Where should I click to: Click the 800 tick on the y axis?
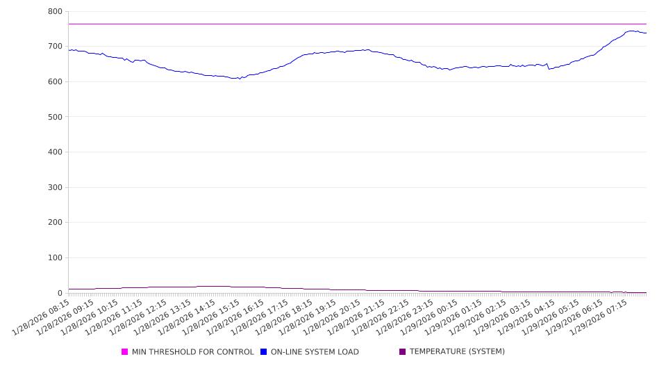pyautogui.click(x=55, y=12)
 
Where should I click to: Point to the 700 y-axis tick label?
pyautogui.click(x=55, y=47)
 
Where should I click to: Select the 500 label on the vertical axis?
pyautogui.click(x=55, y=117)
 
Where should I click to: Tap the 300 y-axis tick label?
pyautogui.click(x=55, y=187)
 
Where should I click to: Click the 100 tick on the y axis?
pyautogui.click(x=55, y=258)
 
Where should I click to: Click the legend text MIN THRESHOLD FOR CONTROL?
pyautogui.click(x=192, y=352)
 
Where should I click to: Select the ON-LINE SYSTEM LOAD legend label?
pyautogui.click(x=315, y=352)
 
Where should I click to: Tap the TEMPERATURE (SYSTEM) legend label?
pyautogui.click(x=457, y=352)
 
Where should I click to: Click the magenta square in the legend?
pyautogui.click(x=125, y=352)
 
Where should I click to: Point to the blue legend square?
pyautogui.click(x=264, y=352)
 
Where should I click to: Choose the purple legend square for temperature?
pyautogui.click(x=403, y=352)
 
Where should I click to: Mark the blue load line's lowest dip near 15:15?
pyautogui.click(x=240, y=79)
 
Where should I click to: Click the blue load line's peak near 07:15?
pyautogui.click(x=631, y=31)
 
